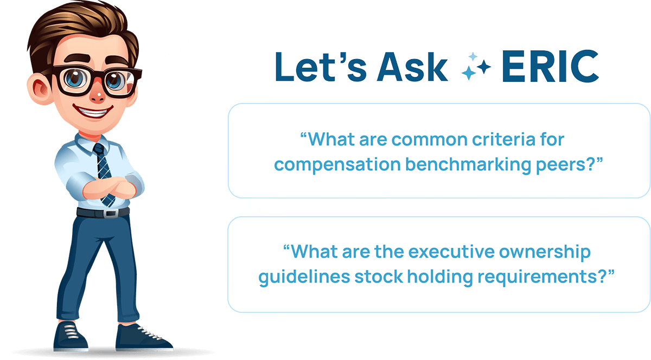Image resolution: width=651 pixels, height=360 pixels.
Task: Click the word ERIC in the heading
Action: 550,66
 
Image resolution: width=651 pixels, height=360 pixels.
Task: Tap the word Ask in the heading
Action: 412,67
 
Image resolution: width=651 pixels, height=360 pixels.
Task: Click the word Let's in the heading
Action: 321,67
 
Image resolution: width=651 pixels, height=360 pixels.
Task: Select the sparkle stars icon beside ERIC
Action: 476,66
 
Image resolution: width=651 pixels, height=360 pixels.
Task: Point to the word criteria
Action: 503,139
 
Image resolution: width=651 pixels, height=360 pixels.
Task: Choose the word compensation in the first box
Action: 337,165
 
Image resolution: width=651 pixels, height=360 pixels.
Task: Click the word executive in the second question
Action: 451,252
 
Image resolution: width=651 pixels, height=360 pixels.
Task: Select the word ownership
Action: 545,253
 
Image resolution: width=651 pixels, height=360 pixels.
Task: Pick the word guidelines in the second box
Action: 304,277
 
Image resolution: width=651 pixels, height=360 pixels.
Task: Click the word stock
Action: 379,277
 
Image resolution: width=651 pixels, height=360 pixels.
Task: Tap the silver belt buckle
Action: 111,214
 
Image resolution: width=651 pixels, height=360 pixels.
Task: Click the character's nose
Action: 98,96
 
